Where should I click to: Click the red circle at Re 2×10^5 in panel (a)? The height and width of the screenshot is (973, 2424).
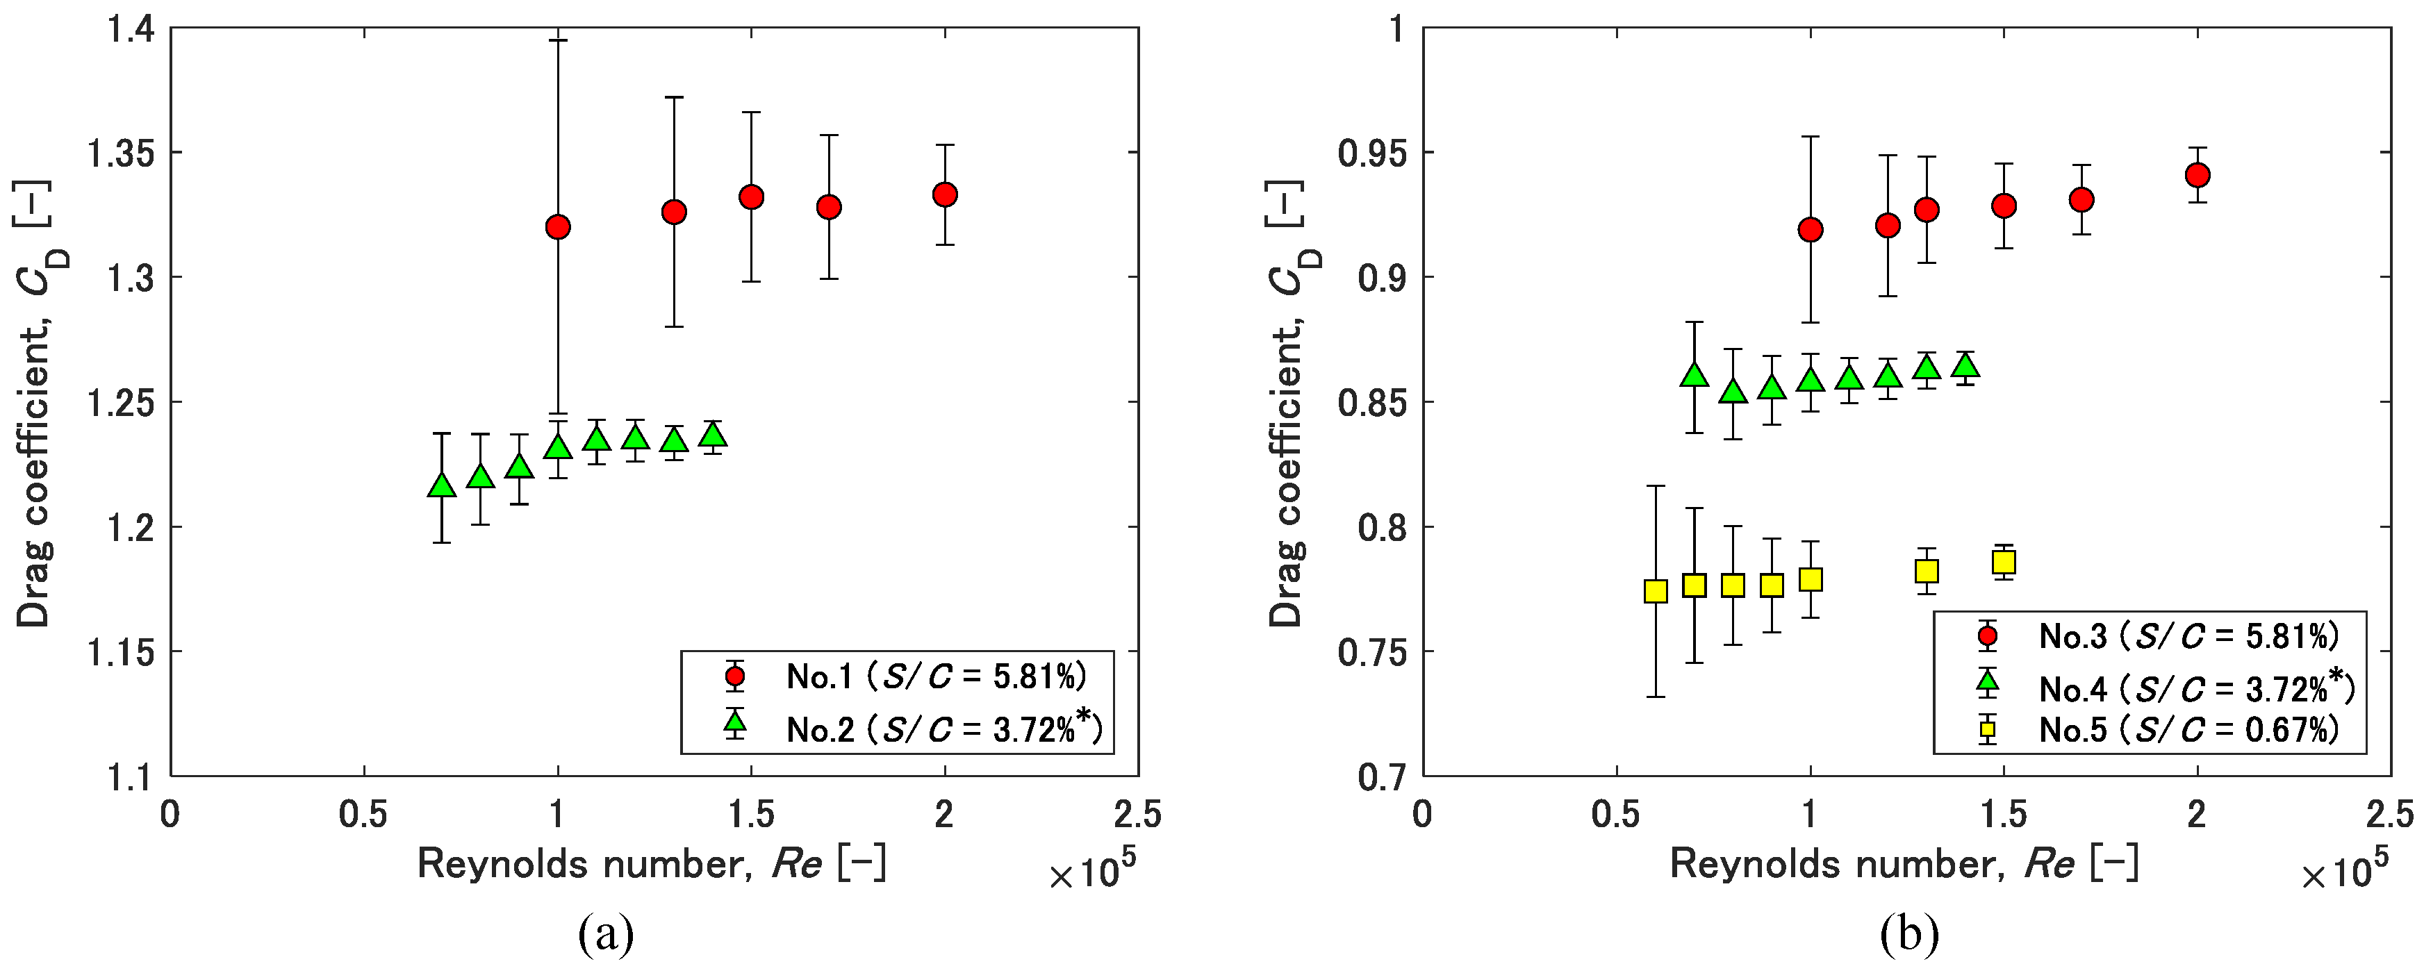click(945, 194)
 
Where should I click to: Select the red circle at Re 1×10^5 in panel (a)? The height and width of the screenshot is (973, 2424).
click(558, 227)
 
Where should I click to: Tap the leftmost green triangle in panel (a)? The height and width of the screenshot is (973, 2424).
click(441, 485)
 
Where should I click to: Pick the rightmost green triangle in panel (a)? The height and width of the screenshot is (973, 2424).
click(714, 435)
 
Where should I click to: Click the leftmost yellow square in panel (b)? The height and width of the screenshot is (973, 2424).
click(1655, 591)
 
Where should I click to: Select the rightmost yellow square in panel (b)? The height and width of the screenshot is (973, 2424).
click(2004, 562)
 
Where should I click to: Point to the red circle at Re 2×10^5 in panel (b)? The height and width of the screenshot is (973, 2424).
click(2198, 175)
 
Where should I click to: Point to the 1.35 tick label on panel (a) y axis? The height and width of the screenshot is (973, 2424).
click(119, 152)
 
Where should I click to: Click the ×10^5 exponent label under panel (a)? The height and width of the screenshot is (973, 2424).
click(1091, 872)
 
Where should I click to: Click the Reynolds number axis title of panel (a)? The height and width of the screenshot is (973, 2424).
click(651, 863)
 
